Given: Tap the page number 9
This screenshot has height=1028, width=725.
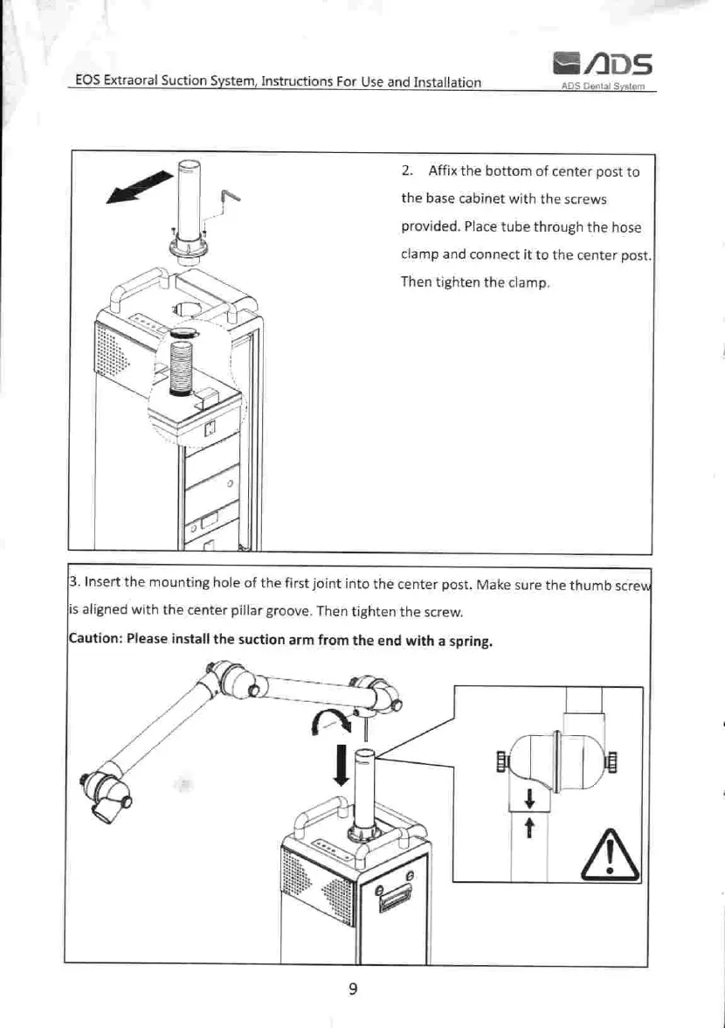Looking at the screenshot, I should (x=353, y=989).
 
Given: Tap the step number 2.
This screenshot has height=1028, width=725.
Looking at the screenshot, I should (x=406, y=171).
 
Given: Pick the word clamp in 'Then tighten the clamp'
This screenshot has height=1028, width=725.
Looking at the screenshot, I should (x=527, y=283).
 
